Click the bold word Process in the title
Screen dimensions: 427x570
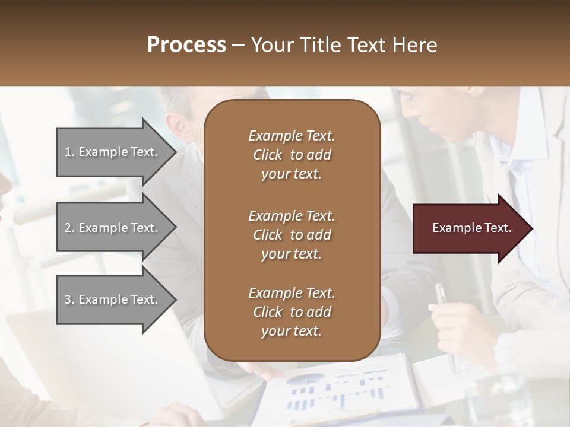coord(186,45)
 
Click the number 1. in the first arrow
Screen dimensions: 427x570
coord(69,152)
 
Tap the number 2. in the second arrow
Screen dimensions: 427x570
coord(69,228)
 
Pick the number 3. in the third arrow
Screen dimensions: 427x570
coord(69,299)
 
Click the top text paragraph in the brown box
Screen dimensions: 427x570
coord(292,155)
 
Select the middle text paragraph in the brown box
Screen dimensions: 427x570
coord(292,235)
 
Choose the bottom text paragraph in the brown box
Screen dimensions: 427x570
coord(292,312)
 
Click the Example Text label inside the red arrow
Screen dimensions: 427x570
coord(471,228)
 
